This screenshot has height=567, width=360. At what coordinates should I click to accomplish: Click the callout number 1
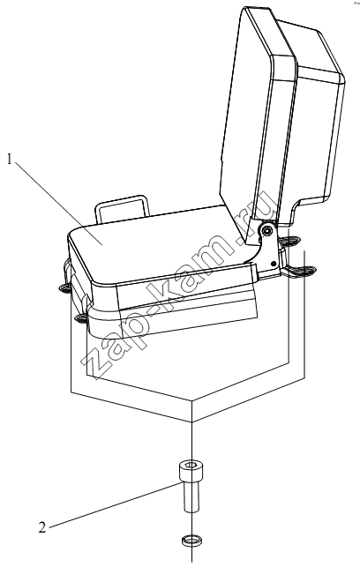click(x=11, y=160)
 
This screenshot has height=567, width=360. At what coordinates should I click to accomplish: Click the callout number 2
click(x=42, y=527)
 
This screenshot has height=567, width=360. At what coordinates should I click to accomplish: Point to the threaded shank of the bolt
click(x=191, y=498)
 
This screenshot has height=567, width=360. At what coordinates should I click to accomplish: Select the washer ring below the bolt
click(x=191, y=541)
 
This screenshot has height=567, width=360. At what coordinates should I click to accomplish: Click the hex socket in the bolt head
click(x=191, y=465)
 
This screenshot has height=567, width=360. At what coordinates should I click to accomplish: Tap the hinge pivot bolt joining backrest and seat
click(x=267, y=230)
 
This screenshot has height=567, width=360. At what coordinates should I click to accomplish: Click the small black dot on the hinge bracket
click(x=274, y=263)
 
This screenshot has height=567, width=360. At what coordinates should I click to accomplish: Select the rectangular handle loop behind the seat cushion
click(x=122, y=210)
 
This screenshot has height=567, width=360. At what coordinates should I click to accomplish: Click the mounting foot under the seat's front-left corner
click(x=82, y=318)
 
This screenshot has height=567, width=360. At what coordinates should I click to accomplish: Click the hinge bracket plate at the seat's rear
click(x=269, y=250)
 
